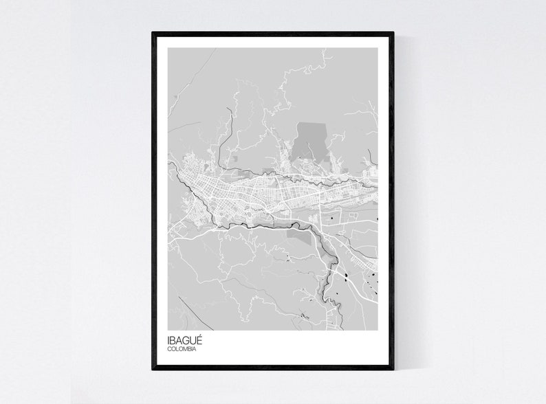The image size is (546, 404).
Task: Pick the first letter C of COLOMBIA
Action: click(169, 349)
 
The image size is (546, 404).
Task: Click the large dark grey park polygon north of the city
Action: click(311, 141)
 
